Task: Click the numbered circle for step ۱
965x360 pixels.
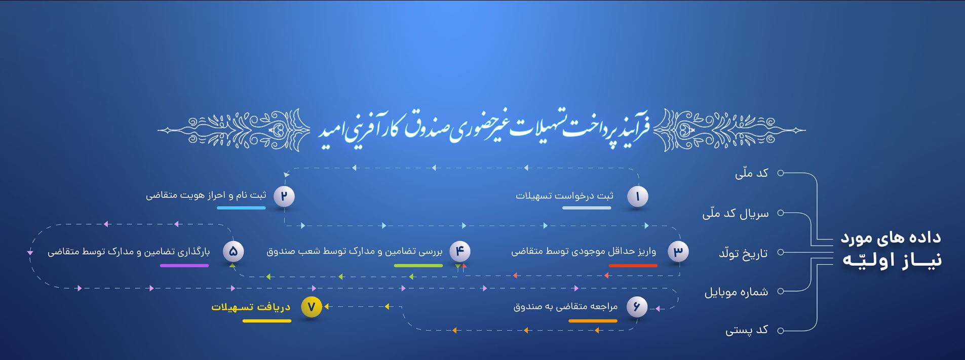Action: (x=637, y=196)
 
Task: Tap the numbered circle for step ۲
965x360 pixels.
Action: (x=284, y=196)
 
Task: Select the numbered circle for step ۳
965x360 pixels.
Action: (x=678, y=252)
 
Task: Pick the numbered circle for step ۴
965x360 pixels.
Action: (x=459, y=251)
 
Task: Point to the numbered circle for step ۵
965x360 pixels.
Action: (x=233, y=252)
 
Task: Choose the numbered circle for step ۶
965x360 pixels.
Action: (x=637, y=307)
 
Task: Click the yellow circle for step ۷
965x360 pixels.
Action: (x=311, y=307)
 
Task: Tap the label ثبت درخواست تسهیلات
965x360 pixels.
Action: (x=564, y=196)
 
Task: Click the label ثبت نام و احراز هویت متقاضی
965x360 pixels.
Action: (x=206, y=195)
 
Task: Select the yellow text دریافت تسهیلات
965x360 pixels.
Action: (x=251, y=307)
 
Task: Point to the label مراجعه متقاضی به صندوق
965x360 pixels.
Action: (x=565, y=306)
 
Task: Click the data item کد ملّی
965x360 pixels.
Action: (x=752, y=174)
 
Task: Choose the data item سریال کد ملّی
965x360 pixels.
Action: (x=735, y=214)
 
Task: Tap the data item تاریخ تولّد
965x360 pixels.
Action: (x=743, y=253)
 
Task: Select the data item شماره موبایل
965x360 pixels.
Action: (x=736, y=292)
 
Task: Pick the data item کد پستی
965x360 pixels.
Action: (x=747, y=331)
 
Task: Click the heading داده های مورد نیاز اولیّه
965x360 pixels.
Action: (x=891, y=249)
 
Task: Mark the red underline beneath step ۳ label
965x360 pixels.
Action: (x=633, y=265)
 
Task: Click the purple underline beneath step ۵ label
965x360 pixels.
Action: (x=184, y=265)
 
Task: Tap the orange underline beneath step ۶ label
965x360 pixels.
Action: (x=593, y=321)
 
